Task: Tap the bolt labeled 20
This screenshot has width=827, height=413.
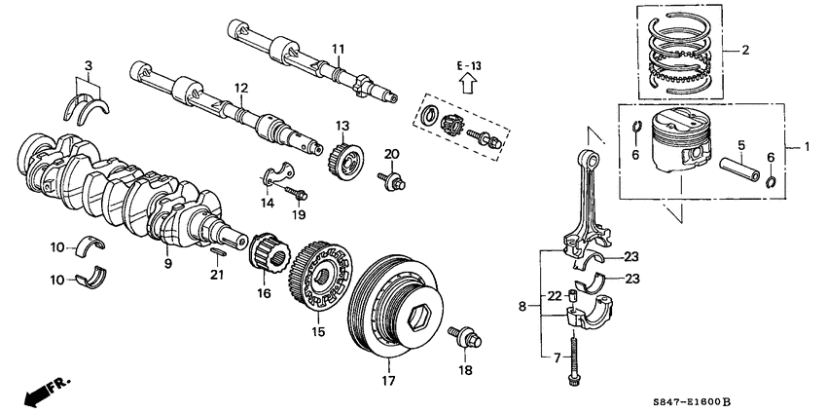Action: [392, 180]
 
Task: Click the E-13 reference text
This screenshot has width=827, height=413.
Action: [469, 64]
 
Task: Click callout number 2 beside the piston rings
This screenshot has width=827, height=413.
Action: [746, 49]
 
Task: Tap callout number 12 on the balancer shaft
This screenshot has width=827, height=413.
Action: [240, 89]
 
